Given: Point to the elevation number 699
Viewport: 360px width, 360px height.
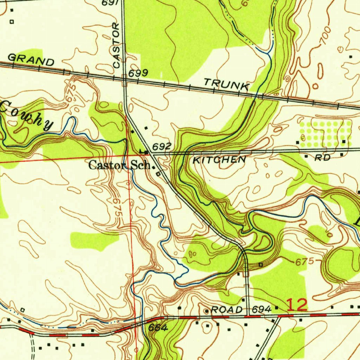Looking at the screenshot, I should pyautogui.click(x=138, y=73).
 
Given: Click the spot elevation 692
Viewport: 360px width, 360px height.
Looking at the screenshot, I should pyautogui.click(x=162, y=146).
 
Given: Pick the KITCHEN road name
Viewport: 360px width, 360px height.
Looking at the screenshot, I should pyautogui.click(x=219, y=160).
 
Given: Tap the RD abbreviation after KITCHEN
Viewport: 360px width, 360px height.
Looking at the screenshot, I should pyautogui.click(x=322, y=158).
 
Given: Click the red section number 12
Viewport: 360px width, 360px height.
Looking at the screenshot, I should pyautogui.click(x=297, y=304).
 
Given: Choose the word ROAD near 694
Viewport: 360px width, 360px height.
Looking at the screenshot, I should pyautogui.click(x=227, y=310).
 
